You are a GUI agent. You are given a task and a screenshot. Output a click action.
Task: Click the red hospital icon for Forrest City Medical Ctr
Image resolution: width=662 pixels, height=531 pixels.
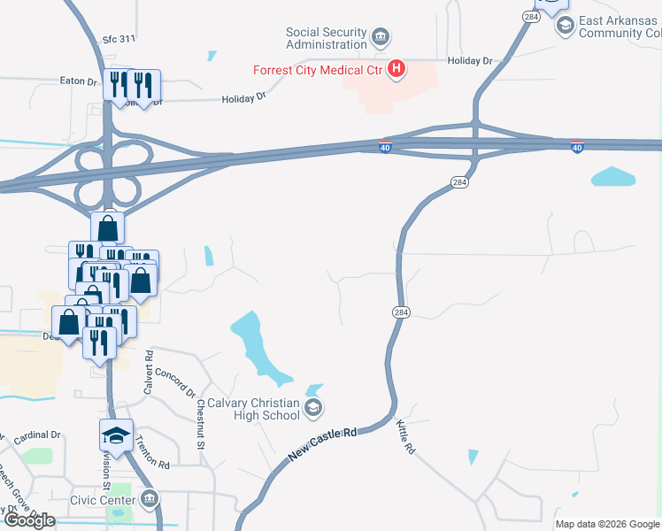[x=397, y=68]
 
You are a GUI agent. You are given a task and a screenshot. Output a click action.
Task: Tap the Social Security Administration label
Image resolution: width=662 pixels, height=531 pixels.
[x=326, y=38]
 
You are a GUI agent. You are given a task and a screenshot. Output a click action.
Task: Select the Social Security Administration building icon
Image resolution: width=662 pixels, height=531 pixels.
[x=381, y=37]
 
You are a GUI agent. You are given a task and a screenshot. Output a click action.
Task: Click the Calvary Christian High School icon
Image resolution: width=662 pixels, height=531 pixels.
[x=312, y=408]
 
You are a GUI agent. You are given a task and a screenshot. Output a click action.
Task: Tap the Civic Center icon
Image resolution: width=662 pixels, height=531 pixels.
[x=150, y=500]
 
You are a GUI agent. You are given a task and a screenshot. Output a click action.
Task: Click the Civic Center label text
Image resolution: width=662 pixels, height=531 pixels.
[x=104, y=500]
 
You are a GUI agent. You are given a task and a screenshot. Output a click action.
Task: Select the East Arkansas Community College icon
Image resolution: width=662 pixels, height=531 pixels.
[x=565, y=25]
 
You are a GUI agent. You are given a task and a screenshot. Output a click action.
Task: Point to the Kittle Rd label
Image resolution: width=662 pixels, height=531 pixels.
[x=406, y=436]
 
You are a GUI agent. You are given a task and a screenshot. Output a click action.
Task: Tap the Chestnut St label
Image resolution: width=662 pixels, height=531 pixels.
[x=201, y=422]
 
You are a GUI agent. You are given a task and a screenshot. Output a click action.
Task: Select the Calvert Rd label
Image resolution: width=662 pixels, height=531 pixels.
[x=149, y=372]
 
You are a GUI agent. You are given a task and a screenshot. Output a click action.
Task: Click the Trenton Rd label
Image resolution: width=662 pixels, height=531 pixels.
[x=153, y=455]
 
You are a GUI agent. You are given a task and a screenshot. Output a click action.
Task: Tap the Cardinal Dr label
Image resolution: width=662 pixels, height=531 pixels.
[x=37, y=435]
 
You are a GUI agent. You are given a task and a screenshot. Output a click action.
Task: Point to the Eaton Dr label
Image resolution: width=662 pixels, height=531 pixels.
[x=79, y=81]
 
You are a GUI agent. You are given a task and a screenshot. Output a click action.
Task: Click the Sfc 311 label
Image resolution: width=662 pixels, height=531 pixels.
[x=119, y=39]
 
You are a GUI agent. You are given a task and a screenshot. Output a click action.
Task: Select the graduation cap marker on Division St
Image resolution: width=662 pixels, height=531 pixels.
[x=116, y=435]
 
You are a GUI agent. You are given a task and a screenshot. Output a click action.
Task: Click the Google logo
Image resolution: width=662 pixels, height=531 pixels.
[x=30, y=520]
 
